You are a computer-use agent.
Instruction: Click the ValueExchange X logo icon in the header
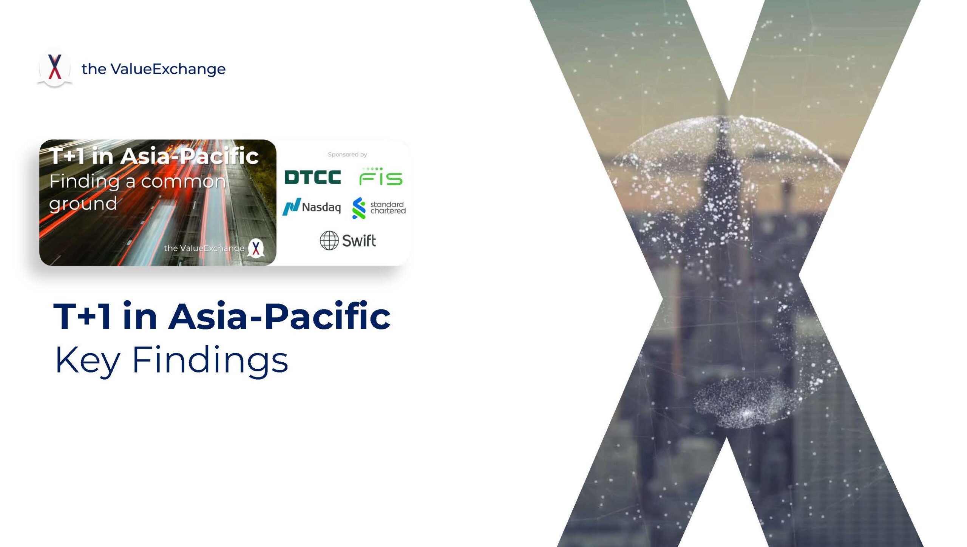(55, 68)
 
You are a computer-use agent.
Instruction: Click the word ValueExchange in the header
(168, 69)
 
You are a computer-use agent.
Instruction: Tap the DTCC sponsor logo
(313, 177)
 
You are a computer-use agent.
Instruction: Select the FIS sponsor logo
(381, 176)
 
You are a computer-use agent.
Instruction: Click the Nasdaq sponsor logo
(312, 207)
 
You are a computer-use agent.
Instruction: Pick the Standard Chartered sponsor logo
(378, 208)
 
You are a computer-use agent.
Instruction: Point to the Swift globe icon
(329, 240)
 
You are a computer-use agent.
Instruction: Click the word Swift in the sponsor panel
(359, 241)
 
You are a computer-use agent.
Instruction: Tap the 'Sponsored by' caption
(348, 155)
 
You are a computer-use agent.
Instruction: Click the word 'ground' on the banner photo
(83, 204)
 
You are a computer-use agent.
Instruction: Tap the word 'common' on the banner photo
(184, 182)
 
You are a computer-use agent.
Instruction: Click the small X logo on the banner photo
(256, 248)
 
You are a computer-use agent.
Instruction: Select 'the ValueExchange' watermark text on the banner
(204, 248)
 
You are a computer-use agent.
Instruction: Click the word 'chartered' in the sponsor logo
(388, 211)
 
